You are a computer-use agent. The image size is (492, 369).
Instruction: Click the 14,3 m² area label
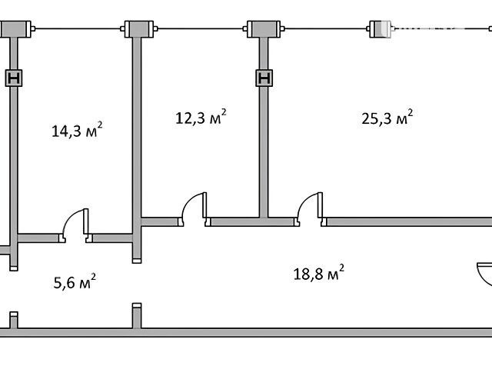(77, 130)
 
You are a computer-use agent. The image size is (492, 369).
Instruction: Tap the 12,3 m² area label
(201, 117)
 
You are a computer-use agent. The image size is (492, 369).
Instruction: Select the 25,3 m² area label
(387, 118)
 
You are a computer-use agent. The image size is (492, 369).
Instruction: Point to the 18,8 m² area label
(318, 273)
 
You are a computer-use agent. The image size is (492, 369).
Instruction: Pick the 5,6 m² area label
(75, 281)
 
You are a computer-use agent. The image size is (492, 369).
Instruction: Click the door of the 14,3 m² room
(75, 224)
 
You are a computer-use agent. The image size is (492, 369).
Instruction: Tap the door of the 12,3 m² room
(194, 207)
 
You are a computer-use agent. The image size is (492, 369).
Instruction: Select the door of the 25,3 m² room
(310, 207)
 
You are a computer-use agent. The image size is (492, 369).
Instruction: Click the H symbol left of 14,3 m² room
(14, 78)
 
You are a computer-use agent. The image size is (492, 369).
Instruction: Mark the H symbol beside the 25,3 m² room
(264, 78)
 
